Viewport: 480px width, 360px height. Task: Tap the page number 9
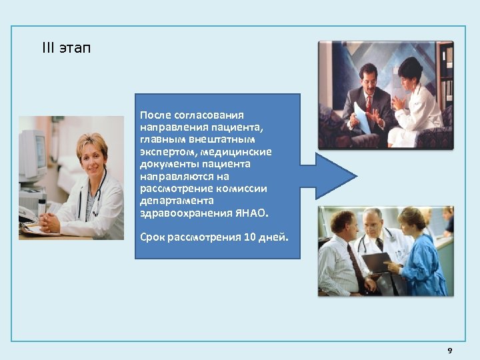[x=449, y=351]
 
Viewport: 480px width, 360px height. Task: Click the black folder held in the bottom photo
[x=377, y=261]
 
